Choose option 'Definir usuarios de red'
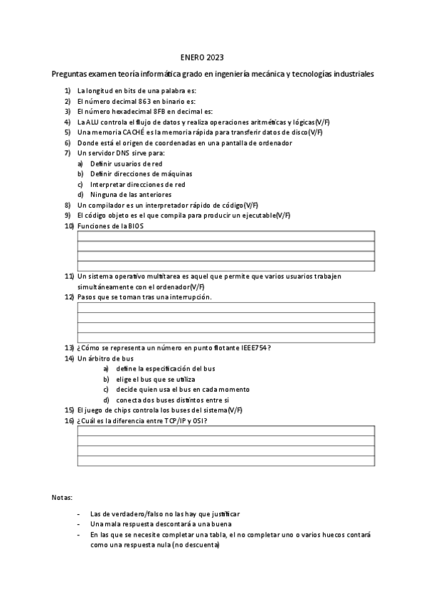tap(126, 164)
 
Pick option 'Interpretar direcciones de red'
tap(137, 184)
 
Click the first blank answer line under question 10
tap(225, 236)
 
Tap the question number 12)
tap(69, 297)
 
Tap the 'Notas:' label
tap(62, 496)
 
